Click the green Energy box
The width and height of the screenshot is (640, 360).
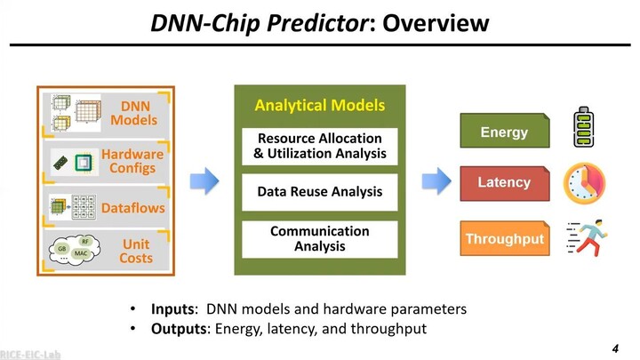coord(504,132)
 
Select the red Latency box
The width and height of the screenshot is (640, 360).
coord(504,182)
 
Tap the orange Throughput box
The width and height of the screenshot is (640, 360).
coord(504,238)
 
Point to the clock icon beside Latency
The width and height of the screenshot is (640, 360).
coord(584,183)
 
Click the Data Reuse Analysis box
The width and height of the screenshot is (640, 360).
coord(319,191)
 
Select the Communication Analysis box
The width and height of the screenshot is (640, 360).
coord(319,238)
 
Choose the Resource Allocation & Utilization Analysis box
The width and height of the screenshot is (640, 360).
coord(319,146)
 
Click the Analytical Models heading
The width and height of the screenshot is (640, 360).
coord(319,105)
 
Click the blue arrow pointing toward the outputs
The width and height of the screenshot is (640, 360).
coord(435,181)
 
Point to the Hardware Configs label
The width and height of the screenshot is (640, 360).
coord(132,161)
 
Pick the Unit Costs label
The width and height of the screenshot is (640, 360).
coord(136,251)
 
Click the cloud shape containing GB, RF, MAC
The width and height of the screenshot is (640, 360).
coord(74,249)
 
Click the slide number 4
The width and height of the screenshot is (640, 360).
coord(614,346)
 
